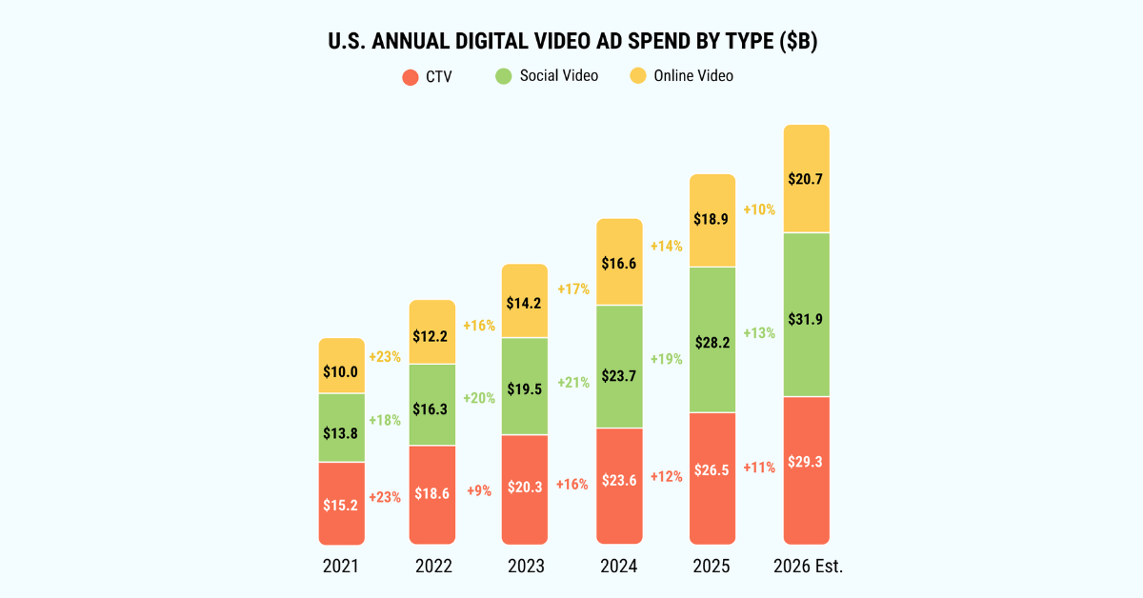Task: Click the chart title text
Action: [572, 41]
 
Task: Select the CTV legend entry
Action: [427, 77]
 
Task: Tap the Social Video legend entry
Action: [547, 76]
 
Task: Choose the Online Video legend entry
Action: [682, 76]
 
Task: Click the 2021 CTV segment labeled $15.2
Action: [341, 504]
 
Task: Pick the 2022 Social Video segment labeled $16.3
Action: [432, 405]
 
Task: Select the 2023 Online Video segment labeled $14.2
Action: [525, 301]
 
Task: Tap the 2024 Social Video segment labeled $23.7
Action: [619, 367]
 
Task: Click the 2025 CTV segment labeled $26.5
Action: [712, 478]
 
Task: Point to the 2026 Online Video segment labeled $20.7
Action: [807, 179]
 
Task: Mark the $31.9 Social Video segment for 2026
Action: [807, 314]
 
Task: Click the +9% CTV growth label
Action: [479, 490]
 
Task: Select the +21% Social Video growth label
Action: [573, 383]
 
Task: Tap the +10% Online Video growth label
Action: [759, 209]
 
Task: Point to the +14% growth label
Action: [667, 247]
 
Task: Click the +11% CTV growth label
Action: [759, 468]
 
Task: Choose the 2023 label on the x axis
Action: [526, 567]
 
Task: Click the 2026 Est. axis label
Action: [809, 567]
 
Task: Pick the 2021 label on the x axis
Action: [341, 567]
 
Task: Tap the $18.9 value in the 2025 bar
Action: [711, 219]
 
